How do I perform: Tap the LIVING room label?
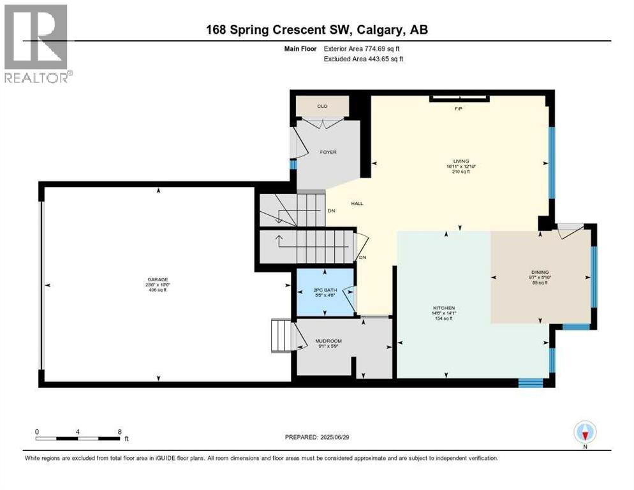click(461, 161)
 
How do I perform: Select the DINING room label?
click(540, 272)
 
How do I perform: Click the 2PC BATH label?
click(325, 290)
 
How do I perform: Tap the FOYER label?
click(328, 152)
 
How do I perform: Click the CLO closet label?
click(323, 106)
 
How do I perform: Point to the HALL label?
click(357, 204)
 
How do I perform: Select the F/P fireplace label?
click(457, 108)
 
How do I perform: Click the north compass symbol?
click(584, 433)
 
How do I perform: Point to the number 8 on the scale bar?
click(119, 431)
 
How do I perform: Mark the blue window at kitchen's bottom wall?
click(530, 383)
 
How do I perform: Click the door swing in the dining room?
click(569, 230)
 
